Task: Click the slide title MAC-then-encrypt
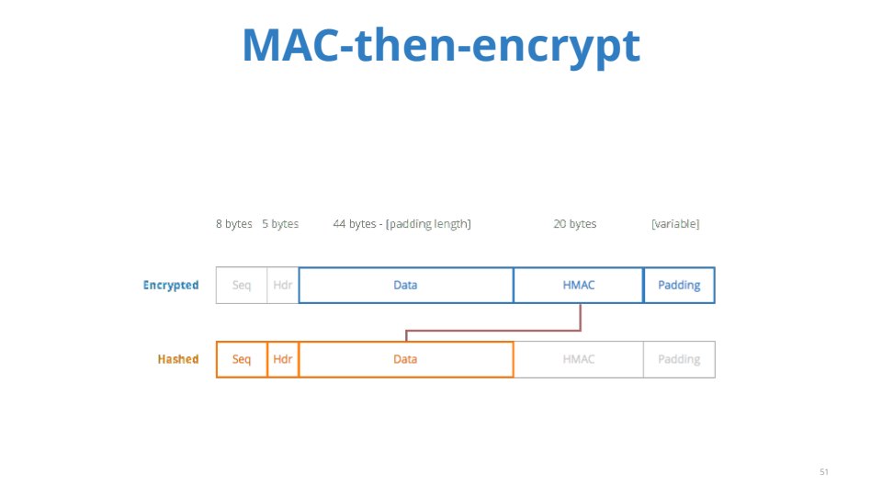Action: [x=441, y=45]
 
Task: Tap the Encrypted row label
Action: [x=171, y=285]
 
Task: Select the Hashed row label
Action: [x=178, y=359]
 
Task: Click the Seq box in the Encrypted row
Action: [x=242, y=285]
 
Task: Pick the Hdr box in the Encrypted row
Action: [x=282, y=285]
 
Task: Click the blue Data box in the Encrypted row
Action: [x=405, y=285]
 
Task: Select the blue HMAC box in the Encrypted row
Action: [x=578, y=285]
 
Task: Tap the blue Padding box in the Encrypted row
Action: [x=679, y=285]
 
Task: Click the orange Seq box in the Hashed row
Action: [x=242, y=359]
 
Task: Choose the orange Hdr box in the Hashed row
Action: [x=282, y=359]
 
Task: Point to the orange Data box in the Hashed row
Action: [x=405, y=359]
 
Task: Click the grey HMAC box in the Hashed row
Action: [x=578, y=359]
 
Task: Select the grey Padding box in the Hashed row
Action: [x=679, y=359]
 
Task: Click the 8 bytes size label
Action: [x=234, y=224]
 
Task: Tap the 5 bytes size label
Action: [x=280, y=224]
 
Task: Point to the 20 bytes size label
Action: [x=575, y=224]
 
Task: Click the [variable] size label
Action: [x=675, y=224]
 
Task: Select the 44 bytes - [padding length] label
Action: [x=401, y=224]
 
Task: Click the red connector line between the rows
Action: [x=493, y=330]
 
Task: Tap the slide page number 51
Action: [x=824, y=472]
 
